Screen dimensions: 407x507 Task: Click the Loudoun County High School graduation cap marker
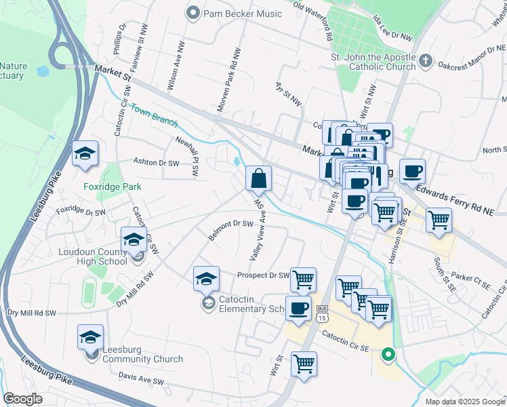coord(134,240)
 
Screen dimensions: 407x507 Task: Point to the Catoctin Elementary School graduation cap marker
coord(207,279)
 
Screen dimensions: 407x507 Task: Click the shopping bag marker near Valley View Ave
coord(258,180)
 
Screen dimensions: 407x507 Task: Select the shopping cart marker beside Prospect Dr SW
coord(303,279)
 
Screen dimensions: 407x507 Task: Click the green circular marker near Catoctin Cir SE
coord(388,353)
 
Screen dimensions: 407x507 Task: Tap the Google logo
coord(23,399)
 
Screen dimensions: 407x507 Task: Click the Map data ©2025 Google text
coord(464,402)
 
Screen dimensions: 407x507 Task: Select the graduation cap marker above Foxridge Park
coord(85,155)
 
